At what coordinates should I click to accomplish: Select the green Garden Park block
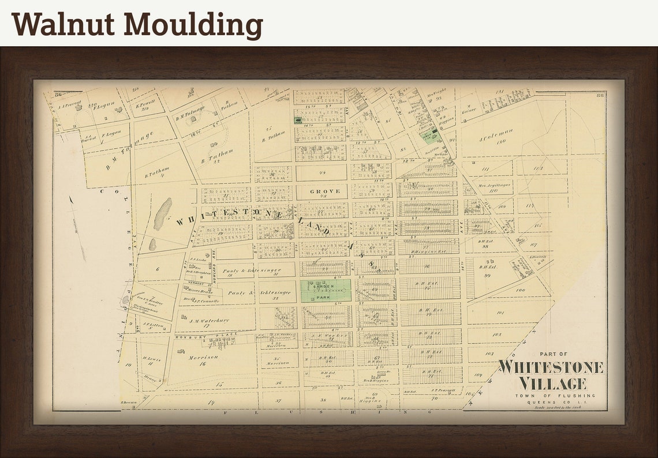tap(326, 291)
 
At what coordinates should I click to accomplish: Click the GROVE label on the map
tap(325, 191)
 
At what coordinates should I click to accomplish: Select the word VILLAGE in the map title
tap(552, 383)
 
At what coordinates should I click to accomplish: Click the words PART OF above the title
tap(553, 354)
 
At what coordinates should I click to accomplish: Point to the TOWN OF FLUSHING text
tap(552, 396)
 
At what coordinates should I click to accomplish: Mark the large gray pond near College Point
tap(162, 214)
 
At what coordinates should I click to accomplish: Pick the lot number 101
tap(500, 313)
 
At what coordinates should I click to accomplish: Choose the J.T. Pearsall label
tap(443, 391)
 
